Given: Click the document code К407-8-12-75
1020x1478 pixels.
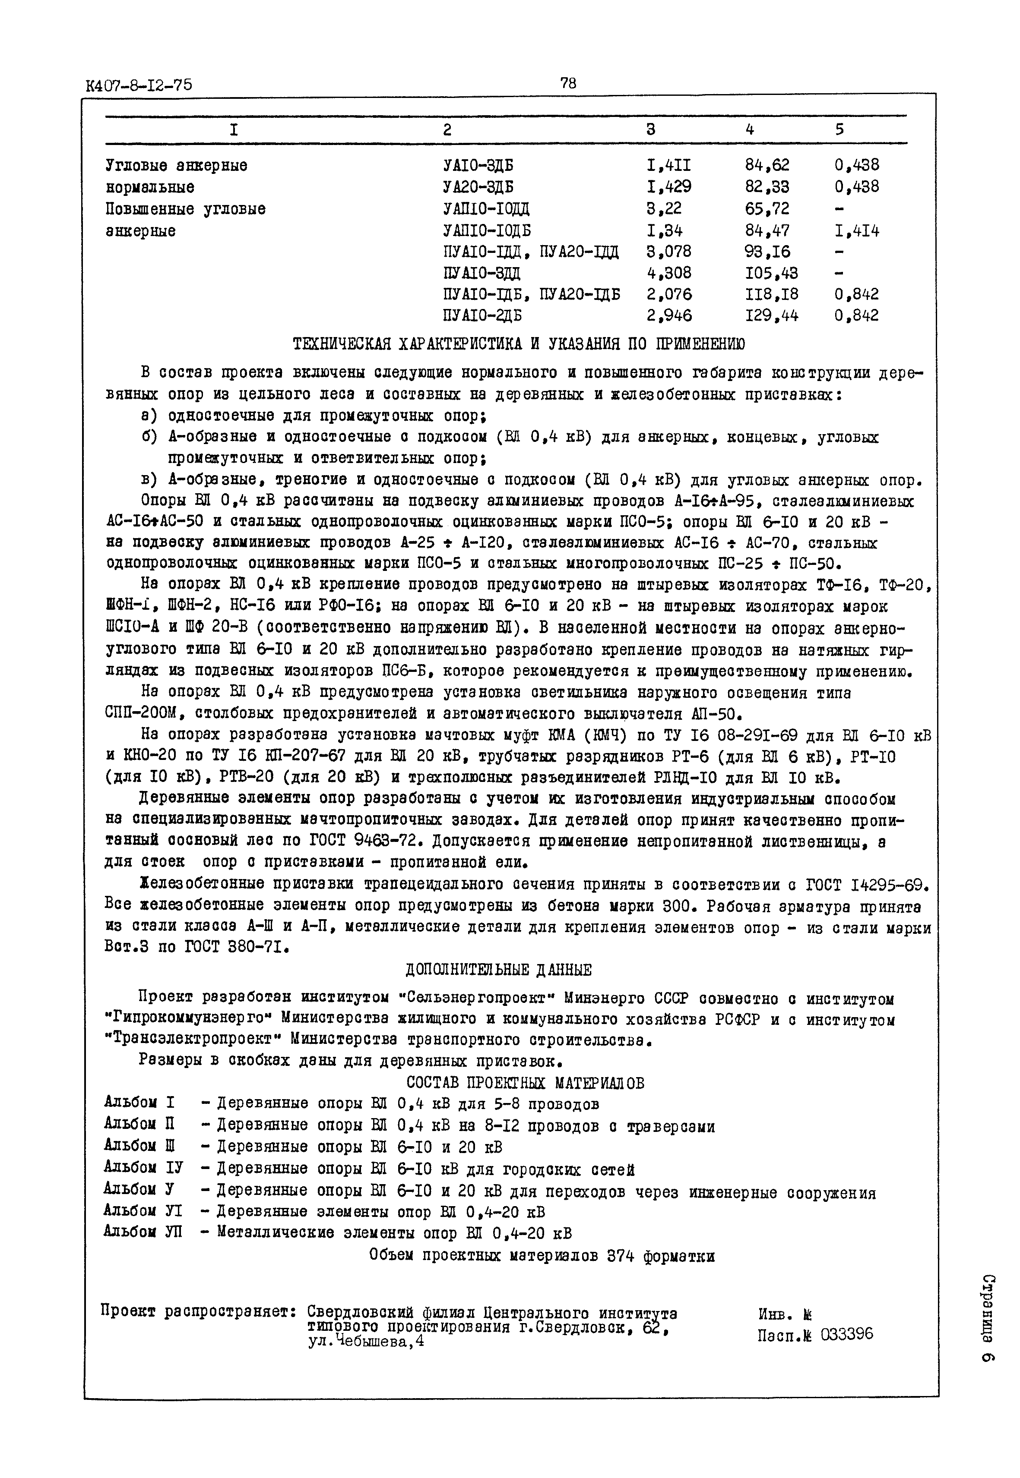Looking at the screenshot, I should [139, 85].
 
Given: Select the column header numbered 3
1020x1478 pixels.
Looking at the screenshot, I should [651, 129].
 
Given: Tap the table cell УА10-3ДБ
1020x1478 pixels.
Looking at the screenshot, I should [478, 165].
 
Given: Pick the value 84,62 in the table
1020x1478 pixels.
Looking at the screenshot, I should [767, 165].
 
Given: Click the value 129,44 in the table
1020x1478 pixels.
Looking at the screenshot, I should [771, 315].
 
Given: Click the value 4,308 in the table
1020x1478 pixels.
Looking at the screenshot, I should [668, 273].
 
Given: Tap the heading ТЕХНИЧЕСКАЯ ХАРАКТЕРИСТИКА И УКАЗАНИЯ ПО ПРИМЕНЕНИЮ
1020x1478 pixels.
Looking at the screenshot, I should [518, 344].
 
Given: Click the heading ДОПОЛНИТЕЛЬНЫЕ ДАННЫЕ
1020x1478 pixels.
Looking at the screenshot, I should [498, 970].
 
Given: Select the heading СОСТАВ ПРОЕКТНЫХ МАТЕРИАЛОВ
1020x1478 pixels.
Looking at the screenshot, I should [526, 1083].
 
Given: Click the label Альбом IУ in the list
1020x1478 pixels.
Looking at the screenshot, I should [143, 1168].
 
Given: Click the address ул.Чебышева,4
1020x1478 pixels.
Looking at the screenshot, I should [366, 1342].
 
